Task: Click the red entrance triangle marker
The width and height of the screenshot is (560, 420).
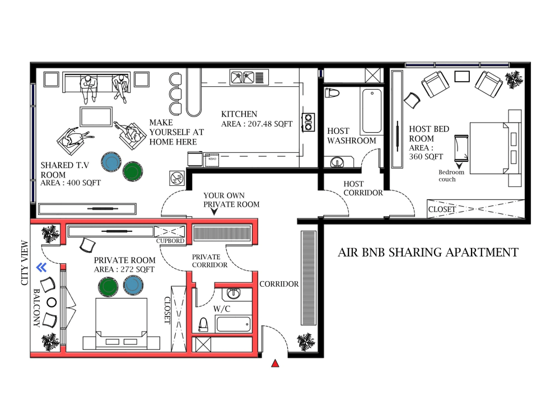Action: click(x=275, y=364)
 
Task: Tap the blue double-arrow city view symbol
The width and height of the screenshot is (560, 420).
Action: click(x=41, y=268)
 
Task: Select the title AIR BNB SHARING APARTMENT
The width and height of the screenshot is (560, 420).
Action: click(x=428, y=253)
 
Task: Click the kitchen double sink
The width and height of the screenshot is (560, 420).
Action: click(x=242, y=76)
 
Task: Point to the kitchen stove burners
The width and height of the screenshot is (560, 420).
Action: click(x=307, y=123)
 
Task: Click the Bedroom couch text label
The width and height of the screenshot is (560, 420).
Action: click(x=451, y=176)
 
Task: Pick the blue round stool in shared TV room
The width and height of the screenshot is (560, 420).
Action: click(x=111, y=162)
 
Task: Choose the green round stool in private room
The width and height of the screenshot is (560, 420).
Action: click(x=108, y=287)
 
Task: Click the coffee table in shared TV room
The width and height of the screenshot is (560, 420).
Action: click(x=96, y=116)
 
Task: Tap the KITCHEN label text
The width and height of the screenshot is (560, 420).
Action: click(x=239, y=114)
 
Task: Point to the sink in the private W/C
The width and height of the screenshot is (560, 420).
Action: click(x=234, y=293)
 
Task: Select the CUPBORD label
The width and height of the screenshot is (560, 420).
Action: click(x=170, y=241)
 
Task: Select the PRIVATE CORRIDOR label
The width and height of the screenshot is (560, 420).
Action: click(x=210, y=260)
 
